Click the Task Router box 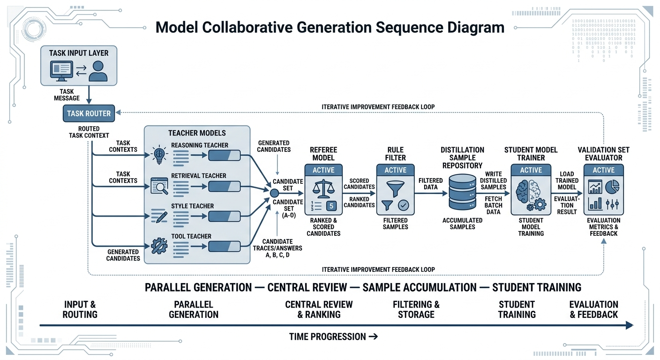pyautogui.click(x=89, y=113)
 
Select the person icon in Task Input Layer pyautogui.click(x=98, y=71)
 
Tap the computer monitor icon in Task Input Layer pyautogui.click(x=61, y=71)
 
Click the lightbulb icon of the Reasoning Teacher pyautogui.click(x=159, y=154)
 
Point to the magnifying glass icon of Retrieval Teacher pyautogui.click(x=159, y=186)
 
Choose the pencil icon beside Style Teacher pyautogui.click(x=159, y=217)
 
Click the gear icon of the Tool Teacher pyautogui.click(x=159, y=246)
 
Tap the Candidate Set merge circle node pyautogui.click(x=274, y=193)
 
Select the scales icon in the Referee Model pyautogui.click(x=323, y=189)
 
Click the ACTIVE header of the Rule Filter pyautogui.click(x=396, y=170)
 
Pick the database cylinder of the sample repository pyautogui.click(x=462, y=192)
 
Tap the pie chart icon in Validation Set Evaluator pyautogui.click(x=612, y=187)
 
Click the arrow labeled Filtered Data pyautogui.click(x=431, y=193)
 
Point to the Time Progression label pyautogui.click(x=333, y=337)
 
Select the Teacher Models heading pyautogui.click(x=197, y=133)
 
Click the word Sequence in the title pyautogui.click(x=410, y=27)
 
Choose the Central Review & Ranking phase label pyautogui.click(x=319, y=309)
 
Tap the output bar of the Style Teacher pyautogui.click(x=224, y=217)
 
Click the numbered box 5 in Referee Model pyautogui.click(x=331, y=206)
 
